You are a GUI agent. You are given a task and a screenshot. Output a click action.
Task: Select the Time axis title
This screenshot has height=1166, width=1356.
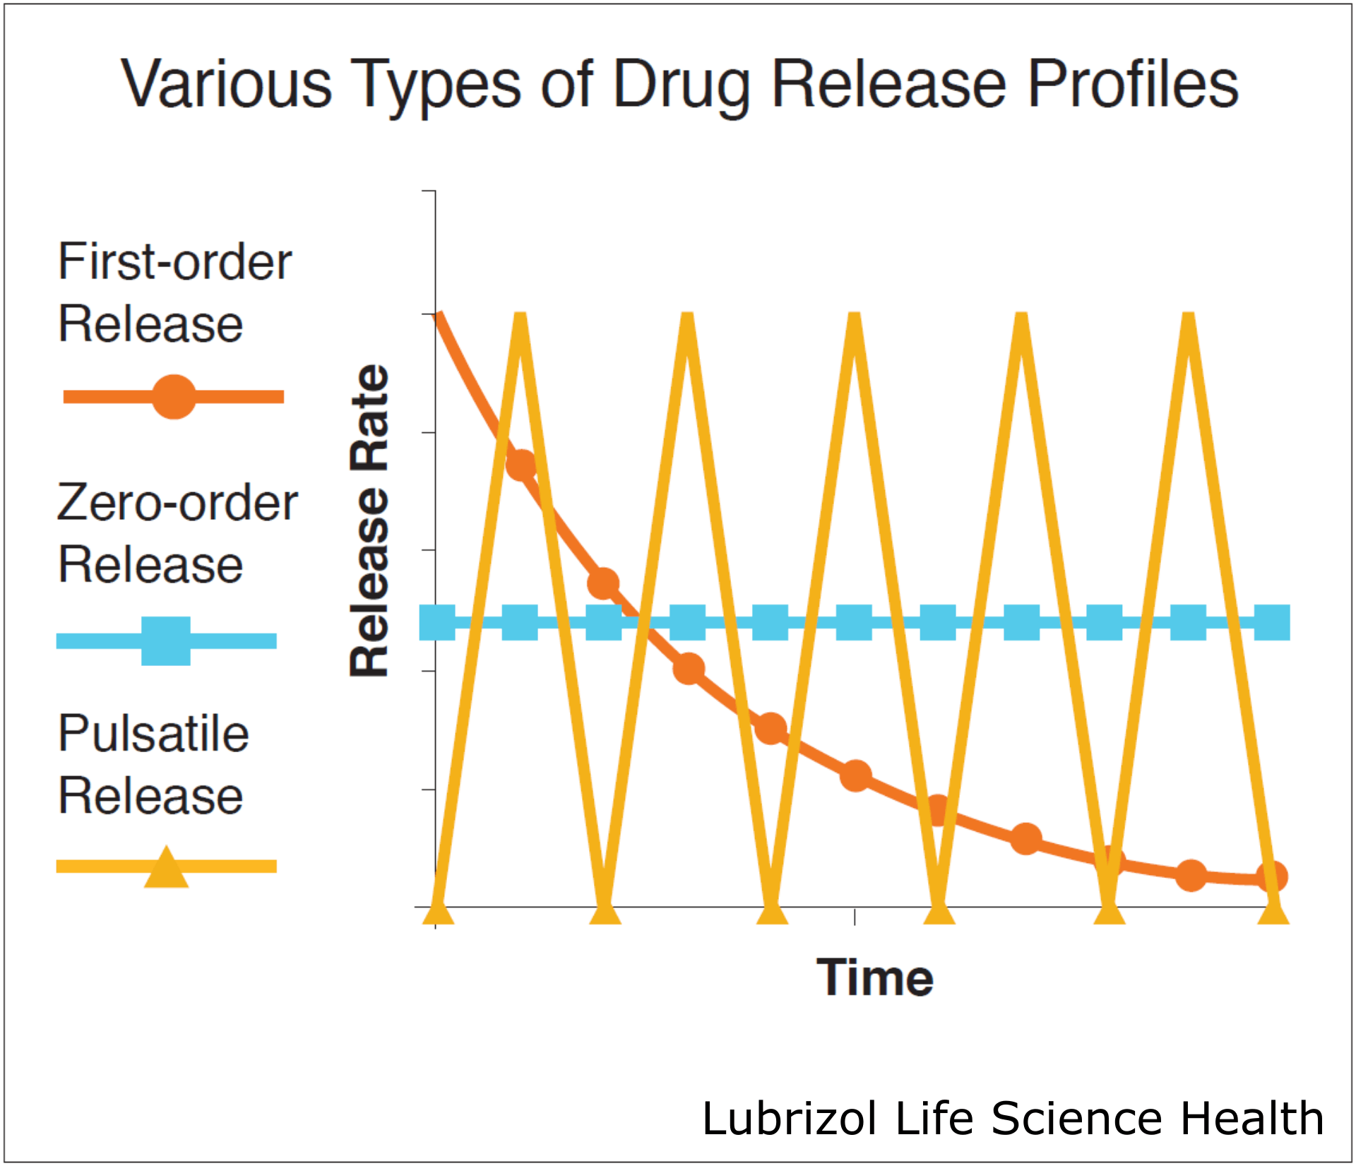tap(875, 977)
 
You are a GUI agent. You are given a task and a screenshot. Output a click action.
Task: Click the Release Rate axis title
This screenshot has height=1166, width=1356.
tap(369, 521)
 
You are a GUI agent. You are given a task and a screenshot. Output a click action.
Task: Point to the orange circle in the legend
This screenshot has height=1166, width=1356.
tap(174, 396)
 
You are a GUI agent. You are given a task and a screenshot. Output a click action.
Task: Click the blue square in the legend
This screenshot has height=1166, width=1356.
tap(166, 641)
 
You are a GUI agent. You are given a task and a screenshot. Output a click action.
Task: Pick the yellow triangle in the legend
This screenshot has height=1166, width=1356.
tap(166, 868)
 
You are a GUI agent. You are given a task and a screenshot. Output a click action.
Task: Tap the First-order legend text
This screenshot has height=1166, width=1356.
tap(174, 261)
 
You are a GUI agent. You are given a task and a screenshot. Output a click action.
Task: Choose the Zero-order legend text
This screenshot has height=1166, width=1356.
tap(177, 503)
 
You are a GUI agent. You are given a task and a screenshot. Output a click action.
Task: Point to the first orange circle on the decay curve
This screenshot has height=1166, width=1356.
tap(521, 465)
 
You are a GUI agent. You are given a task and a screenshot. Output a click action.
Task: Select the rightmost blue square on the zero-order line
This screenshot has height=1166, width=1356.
tap(1272, 622)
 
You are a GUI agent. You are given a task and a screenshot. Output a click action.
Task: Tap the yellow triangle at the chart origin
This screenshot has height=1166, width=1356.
tap(438, 910)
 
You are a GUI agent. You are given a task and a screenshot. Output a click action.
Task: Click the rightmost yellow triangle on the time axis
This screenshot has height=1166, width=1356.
tap(1274, 910)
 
